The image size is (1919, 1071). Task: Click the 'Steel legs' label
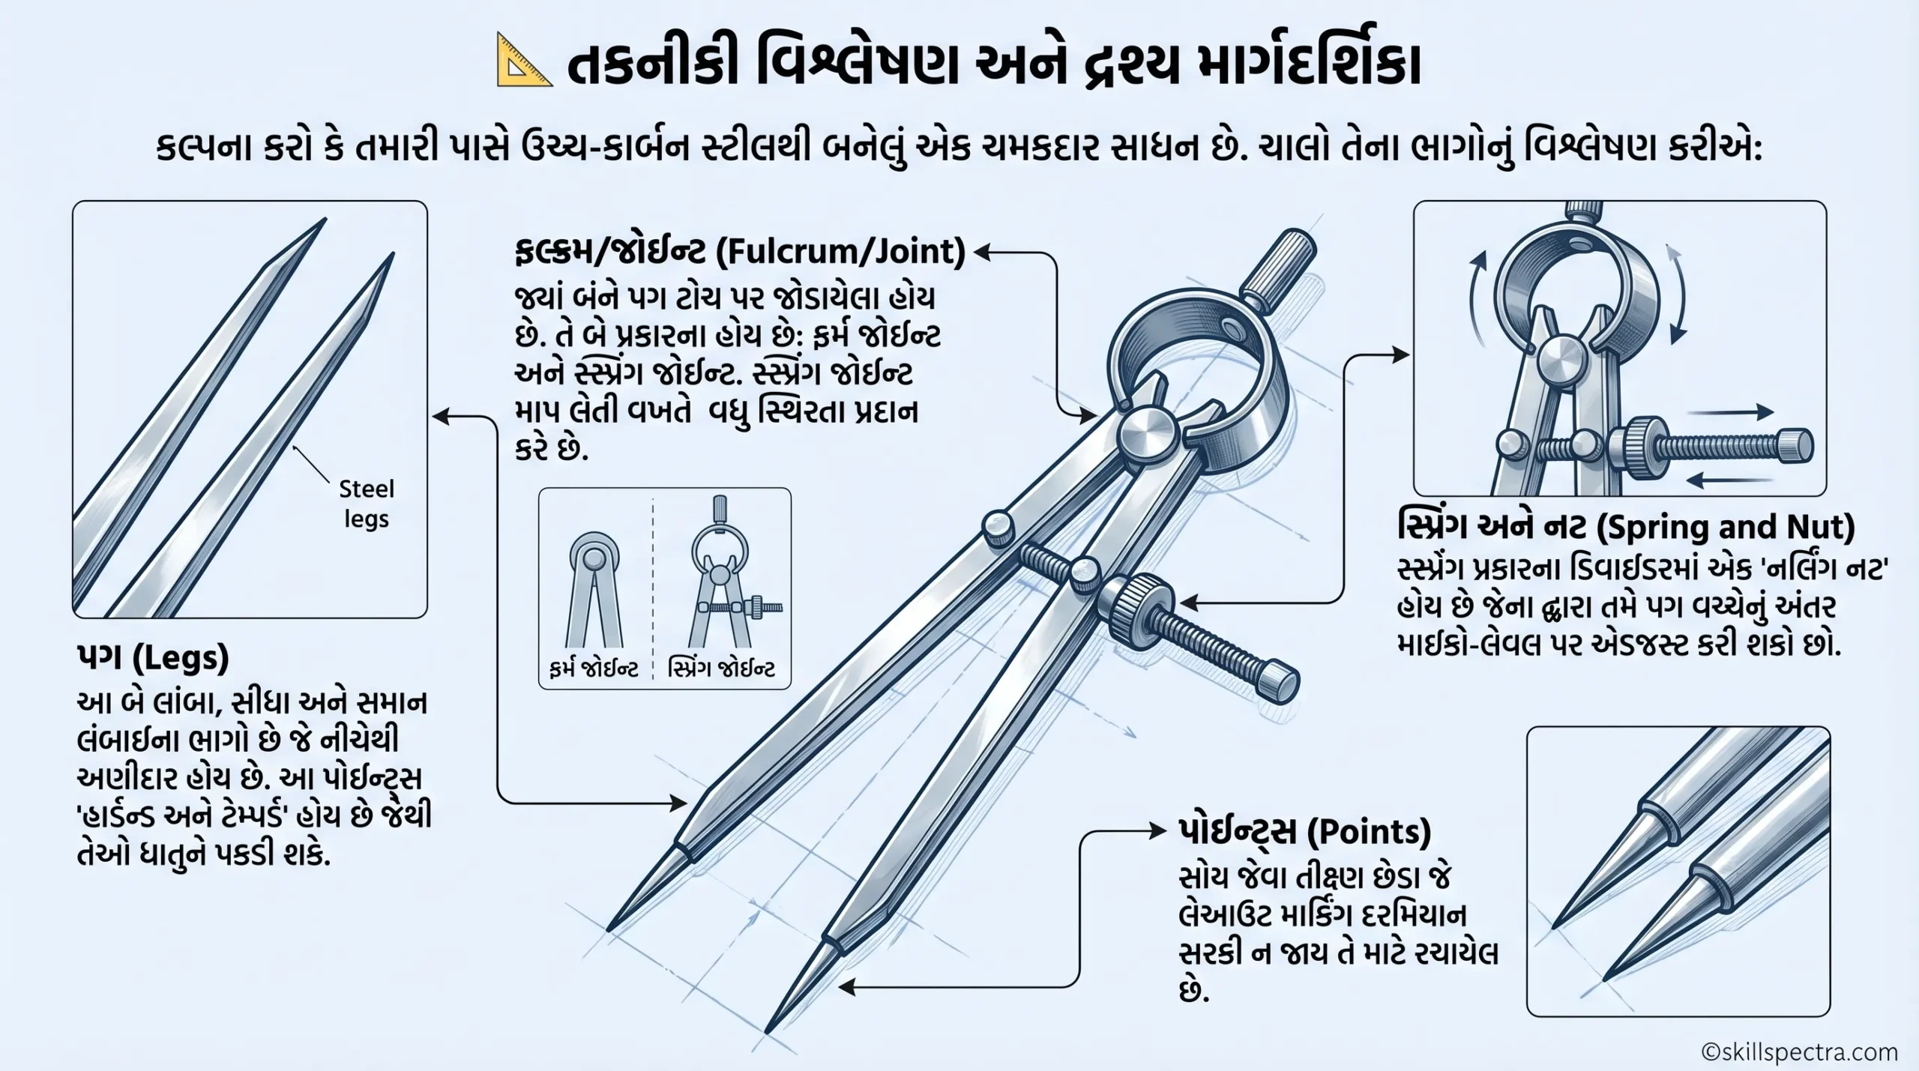pos(366,504)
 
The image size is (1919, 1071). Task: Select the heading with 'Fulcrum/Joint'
pos(739,252)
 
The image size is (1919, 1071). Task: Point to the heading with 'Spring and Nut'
pos(1626,528)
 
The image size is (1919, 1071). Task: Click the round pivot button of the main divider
pos(1147,434)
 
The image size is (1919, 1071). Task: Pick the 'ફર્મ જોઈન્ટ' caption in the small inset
pos(593,669)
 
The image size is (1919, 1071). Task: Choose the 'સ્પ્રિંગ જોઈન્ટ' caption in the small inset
pos(721,669)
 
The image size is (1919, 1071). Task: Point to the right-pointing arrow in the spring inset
pos(1735,411)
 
